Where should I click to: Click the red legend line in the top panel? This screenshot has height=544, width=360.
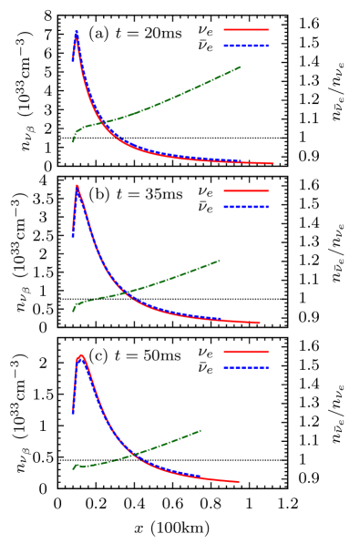pyautogui.click(x=246, y=29)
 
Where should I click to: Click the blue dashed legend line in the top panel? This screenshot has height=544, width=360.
pyautogui.click(x=246, y=45)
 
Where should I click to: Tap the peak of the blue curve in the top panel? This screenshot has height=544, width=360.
pyautogui.click(x=77, y=32)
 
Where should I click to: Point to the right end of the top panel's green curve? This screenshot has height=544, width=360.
pyautogui.click(x=240, y=67)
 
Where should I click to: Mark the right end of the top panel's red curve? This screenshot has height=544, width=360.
pyautogui.click(x=272, y=163)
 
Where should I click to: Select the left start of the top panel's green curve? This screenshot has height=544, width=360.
pyautogui.click(x=73, y=141)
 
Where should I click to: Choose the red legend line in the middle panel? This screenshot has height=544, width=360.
pyautogui.click(x=246, y=191)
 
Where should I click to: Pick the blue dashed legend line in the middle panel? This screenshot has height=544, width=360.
pyautogui.click(x=246, y=207)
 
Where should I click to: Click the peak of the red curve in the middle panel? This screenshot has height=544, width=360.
pyautogui.click(x=77, y=186)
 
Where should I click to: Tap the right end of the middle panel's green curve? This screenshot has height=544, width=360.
pyautogui.click(x=220, y=261)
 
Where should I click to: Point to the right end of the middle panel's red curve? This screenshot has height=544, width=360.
pyautogui.click(x=260, y=323)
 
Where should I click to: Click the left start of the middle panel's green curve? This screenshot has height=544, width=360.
pyautogui.click(x=73, y=312)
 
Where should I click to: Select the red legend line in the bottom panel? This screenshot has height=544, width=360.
pyautogui.click(x=246, y=351)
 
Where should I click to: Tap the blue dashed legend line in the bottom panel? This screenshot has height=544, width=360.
pyautogui.click(x=246, y=367)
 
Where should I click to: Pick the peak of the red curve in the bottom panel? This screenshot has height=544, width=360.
pyautogui.click(x=82, y=354)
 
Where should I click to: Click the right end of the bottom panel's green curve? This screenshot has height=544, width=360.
pyautogui.click(x=201, y=430)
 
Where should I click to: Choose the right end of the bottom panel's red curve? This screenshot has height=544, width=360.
pyautogui.click(x=239, y=481)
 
